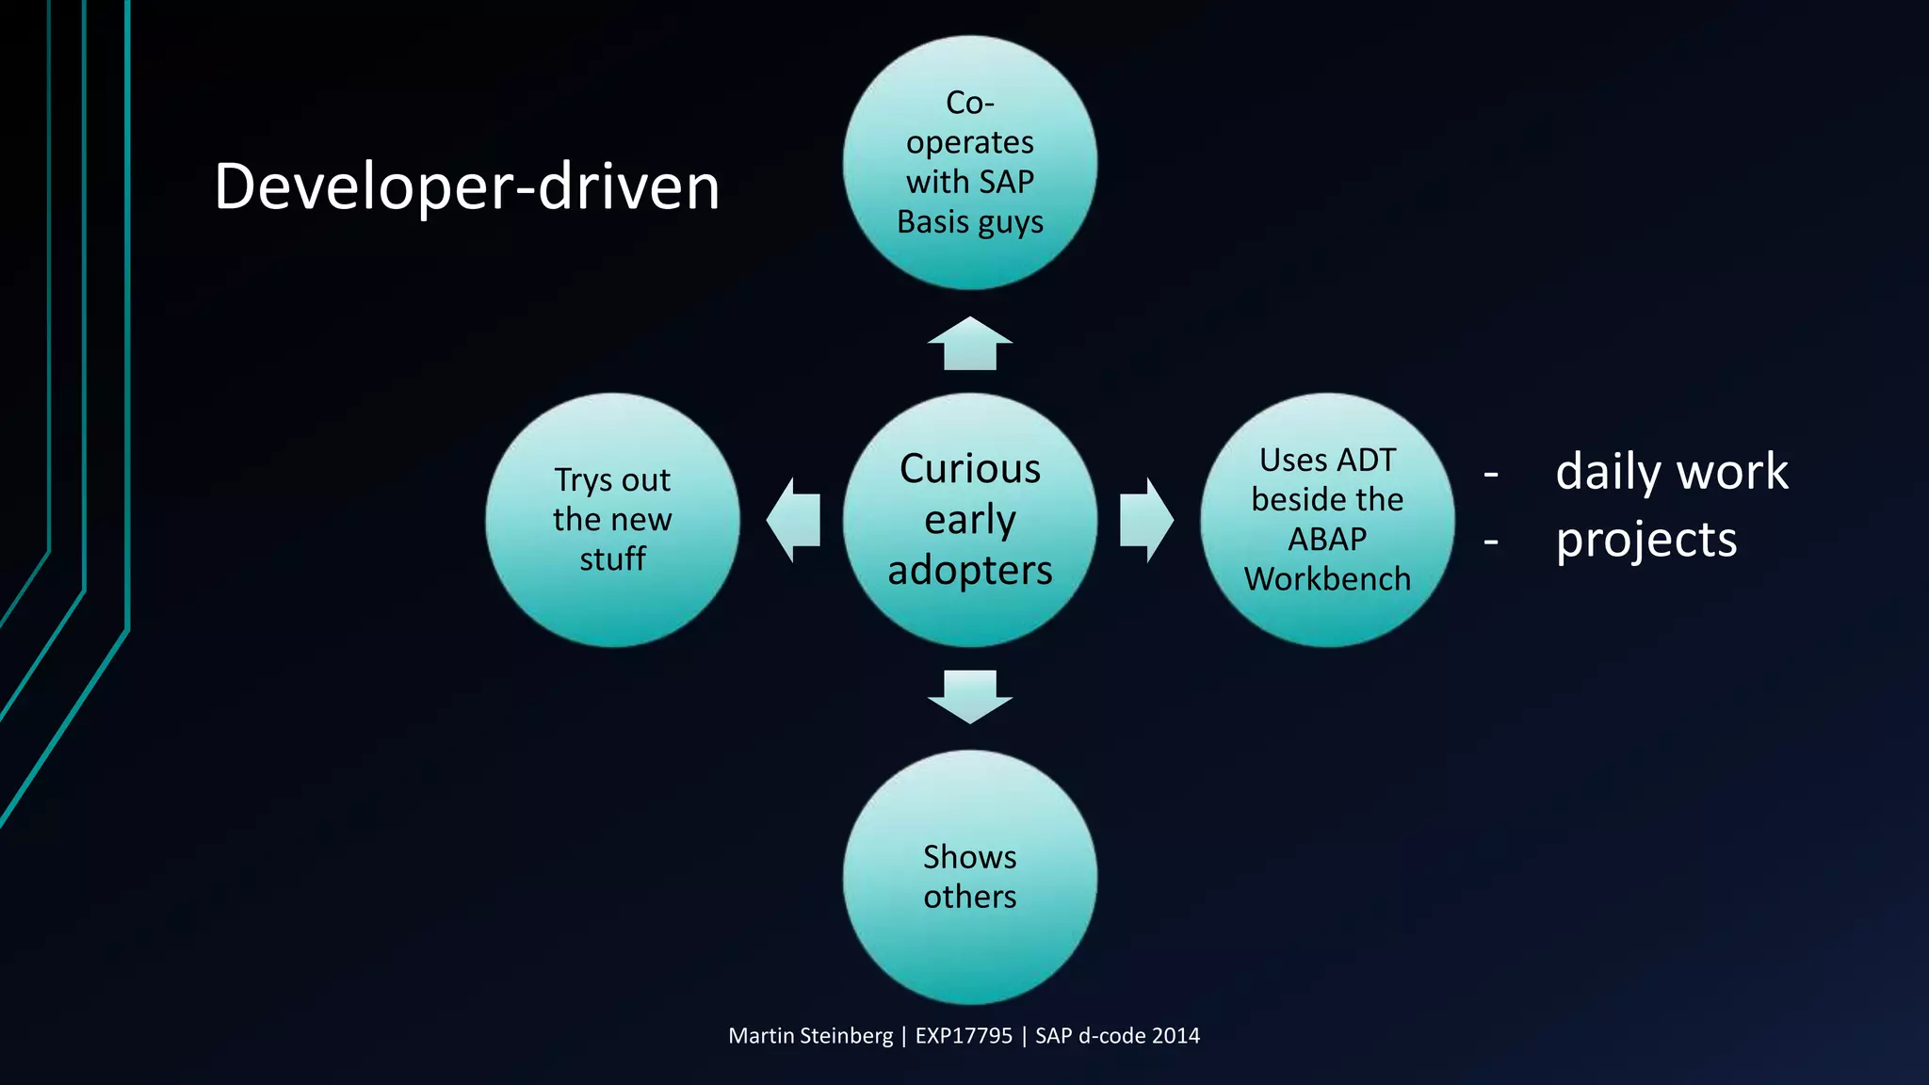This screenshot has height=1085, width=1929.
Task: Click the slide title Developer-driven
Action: click(x=466, y=186)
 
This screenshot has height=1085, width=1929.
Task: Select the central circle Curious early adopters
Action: click(x=970, y=519)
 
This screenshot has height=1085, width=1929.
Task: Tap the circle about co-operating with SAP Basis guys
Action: click(x=970, y=162)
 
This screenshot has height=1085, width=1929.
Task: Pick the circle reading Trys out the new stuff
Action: click(x=612, y=519)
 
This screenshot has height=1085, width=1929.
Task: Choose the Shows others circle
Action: click(x=970, y=876)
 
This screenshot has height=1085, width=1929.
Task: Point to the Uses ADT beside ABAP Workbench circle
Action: click(x=1327, y=519)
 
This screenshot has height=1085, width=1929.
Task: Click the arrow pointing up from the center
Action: click(x=970, y=343)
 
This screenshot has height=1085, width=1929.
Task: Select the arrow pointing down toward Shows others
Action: click(x=970, y=696)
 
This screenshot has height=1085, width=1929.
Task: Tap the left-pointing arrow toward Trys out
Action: click(x=793, y=520)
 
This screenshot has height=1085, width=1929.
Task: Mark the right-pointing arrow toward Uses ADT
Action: click(x=1146, y=520)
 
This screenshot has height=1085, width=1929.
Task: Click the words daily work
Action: click(x=1672, y=471)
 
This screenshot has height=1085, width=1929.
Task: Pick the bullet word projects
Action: click(x=1645, y=540)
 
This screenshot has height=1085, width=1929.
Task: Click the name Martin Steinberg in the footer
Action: click(x=810, y=1036)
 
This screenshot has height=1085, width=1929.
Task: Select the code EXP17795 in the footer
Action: click(x=964, y=1036)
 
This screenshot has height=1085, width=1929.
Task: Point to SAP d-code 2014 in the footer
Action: click(x=1117, y=1036)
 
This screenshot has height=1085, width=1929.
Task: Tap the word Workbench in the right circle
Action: click(x=1327, y=579)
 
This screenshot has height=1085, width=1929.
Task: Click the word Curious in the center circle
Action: click(x=970, y=468)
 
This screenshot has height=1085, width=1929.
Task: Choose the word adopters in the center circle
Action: click(x=970, y=570)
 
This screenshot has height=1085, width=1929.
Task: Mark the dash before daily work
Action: click(x=1491, y=474)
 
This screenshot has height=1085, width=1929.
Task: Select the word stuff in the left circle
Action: click(x=612, y=559)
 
